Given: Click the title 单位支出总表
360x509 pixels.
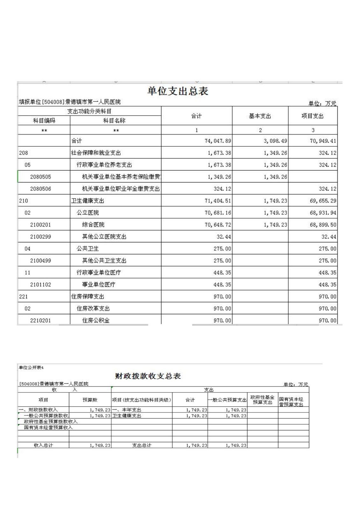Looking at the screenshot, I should [178, 91].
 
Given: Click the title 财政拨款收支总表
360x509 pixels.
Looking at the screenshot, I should [148, 376].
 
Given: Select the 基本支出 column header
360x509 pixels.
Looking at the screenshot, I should [260, 116].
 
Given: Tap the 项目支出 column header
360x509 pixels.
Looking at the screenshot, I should [312, 116].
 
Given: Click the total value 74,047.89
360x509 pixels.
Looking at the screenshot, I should [218, 141].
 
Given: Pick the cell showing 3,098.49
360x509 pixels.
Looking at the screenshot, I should [275, 141].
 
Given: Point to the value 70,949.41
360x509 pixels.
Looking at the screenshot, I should [323, 141].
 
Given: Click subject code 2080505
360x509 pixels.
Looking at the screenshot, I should [40, 177].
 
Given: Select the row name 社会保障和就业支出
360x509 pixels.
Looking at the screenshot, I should [96, 153].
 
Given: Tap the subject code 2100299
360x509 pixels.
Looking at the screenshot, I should [40, 237].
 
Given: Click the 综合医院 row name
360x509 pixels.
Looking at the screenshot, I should [93, 225].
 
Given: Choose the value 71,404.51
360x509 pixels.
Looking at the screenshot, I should [218, 201].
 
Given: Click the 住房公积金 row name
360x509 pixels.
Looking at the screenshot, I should [96, 320].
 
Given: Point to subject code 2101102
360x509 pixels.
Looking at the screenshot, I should [40, 285].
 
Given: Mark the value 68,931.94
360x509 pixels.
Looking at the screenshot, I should [323, 213].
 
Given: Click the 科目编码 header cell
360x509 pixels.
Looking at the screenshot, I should [44, 121].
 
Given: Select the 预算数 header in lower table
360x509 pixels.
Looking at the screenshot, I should [90, 400].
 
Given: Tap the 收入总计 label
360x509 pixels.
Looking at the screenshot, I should [43, 445].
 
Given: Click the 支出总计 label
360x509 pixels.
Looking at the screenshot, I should [142, 445].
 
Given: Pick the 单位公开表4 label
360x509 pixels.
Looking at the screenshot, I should [31, 368].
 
